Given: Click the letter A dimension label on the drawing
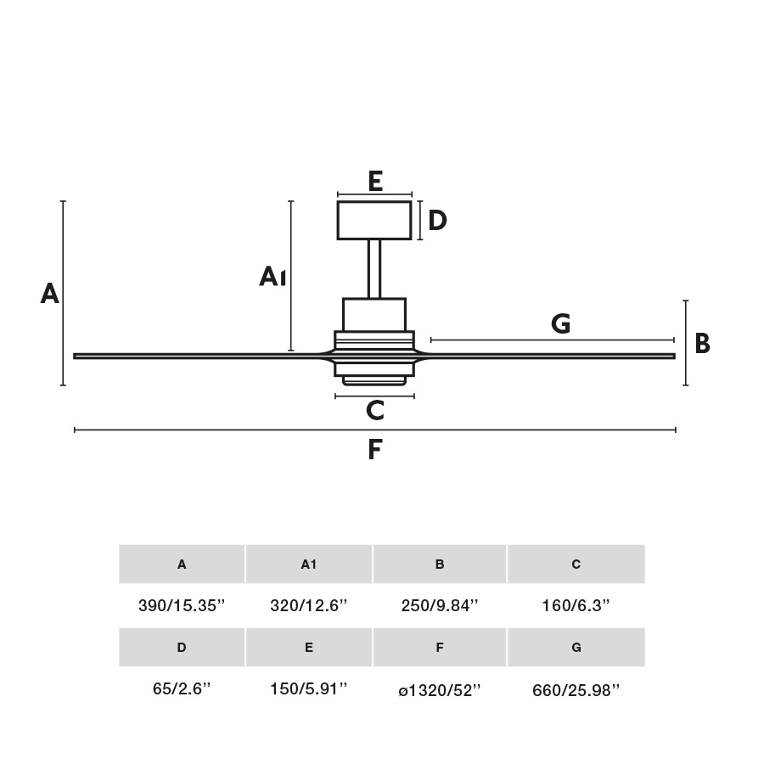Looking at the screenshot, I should pos(50,294).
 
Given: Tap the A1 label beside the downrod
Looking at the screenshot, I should pos(272,276).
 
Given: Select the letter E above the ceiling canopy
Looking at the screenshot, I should pos(375,181).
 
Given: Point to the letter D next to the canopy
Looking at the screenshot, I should pos(437,221).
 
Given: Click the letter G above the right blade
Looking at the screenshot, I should pos(560,323).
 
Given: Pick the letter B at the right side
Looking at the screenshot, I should pos(702,344).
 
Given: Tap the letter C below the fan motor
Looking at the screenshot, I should pos(374,411).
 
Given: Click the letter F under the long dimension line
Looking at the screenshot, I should pos(375,450).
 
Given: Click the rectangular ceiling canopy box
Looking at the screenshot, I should pos(374,220).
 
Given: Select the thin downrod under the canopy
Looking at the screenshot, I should pos(374,268).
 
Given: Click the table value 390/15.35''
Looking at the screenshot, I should pos(182,606).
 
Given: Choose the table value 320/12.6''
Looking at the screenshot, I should pos(309,606).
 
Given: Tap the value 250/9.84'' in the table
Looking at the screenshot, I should pos(440,606).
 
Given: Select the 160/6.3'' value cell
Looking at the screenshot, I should pos(576,606).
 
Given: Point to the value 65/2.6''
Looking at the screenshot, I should pos(182,689).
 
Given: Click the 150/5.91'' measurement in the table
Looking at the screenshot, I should pos(309,689).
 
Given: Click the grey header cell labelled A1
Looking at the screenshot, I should pos(309,565).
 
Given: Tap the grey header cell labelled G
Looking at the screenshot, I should pos(576,648).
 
